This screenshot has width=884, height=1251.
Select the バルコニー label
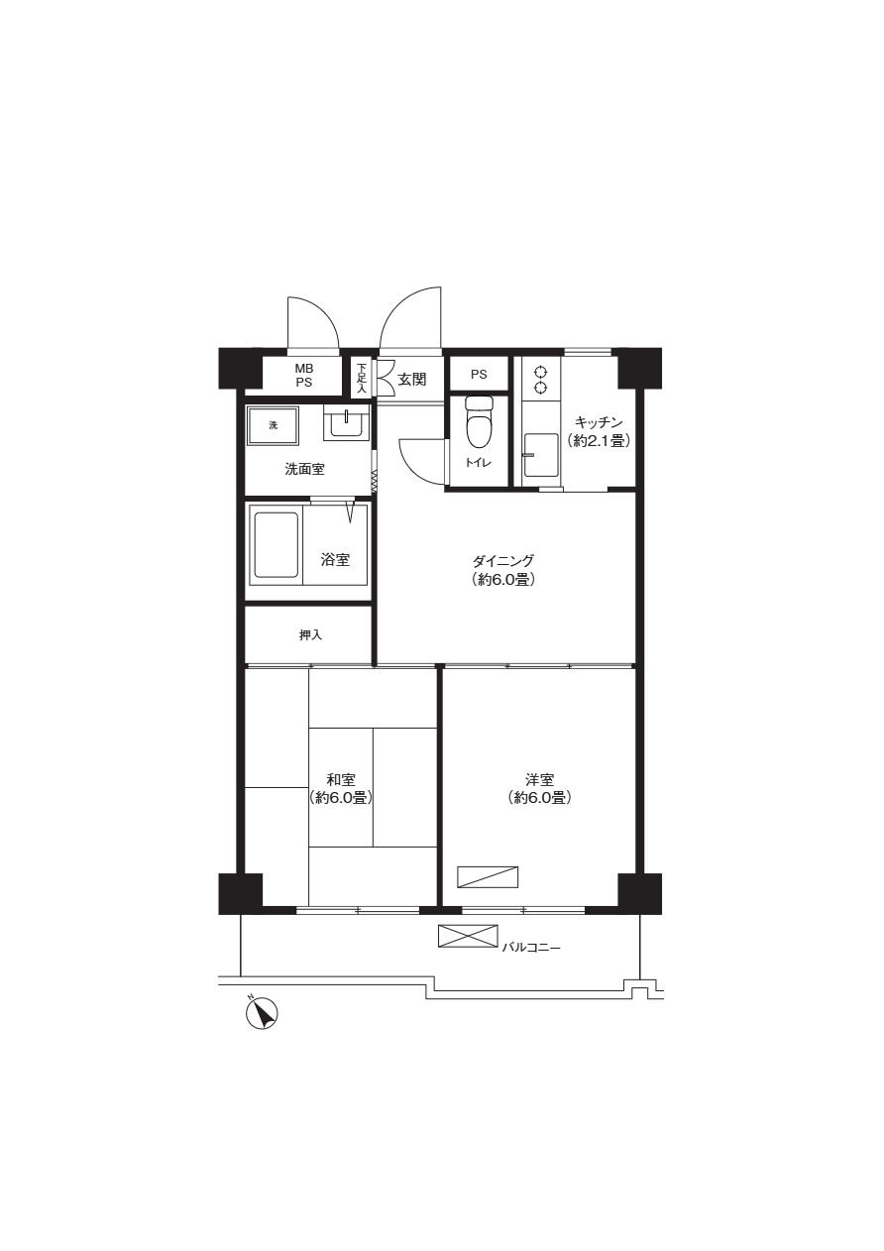530,948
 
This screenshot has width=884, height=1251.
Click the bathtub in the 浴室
276,544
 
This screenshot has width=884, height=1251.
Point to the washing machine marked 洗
274,425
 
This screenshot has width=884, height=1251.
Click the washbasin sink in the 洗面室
346,424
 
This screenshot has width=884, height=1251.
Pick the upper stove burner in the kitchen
540,373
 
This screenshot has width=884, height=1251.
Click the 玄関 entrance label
412,380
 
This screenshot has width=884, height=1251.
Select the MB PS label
304,376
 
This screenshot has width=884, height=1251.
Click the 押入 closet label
310,635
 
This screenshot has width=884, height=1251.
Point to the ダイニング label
503,560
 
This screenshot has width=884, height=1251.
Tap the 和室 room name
341,779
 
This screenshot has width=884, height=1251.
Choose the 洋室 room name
539,779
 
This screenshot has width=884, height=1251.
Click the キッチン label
599,422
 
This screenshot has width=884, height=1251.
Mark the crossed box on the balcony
468,936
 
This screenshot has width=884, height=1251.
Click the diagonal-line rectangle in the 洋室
488,877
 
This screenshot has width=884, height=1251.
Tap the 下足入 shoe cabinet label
362,378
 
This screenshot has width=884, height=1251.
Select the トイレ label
479,462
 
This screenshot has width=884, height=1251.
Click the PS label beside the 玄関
479,375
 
